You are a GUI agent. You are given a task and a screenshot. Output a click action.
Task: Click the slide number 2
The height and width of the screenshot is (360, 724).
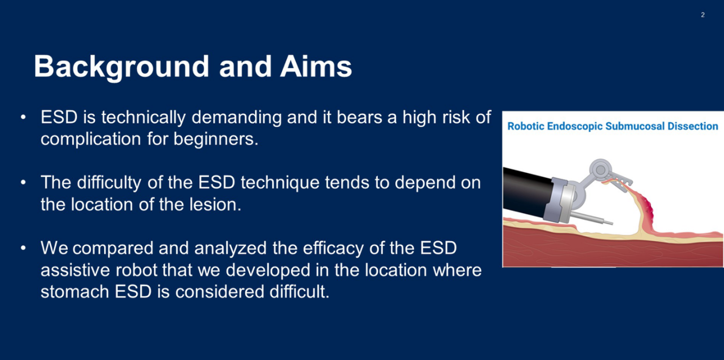(703, 15)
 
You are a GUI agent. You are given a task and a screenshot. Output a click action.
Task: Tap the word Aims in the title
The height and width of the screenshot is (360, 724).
(316, 66)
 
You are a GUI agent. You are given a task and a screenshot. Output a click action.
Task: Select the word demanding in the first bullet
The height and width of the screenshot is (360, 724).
(237, 117)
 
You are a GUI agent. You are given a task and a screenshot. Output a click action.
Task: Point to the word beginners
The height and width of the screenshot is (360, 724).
(216, 139)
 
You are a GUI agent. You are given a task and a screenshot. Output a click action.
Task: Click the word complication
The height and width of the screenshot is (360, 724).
(91, 139)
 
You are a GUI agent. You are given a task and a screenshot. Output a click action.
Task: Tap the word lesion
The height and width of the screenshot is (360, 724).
(215, 204)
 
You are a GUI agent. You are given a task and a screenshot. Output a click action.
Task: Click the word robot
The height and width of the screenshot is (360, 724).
(137, 270)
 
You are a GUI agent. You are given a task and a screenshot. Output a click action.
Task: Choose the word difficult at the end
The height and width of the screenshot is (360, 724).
(299, 292)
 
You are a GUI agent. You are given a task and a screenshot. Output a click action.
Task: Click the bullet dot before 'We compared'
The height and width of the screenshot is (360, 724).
(23, 248)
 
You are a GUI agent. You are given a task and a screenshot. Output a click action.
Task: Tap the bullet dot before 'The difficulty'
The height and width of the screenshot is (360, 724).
(23, 183)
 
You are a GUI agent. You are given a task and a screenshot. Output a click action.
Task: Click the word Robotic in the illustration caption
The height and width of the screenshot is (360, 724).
(526, 126)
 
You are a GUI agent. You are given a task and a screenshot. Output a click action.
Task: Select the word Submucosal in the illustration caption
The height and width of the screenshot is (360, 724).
(635, 126)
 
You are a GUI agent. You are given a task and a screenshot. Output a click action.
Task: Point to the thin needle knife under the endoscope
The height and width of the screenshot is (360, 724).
(591, 218)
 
